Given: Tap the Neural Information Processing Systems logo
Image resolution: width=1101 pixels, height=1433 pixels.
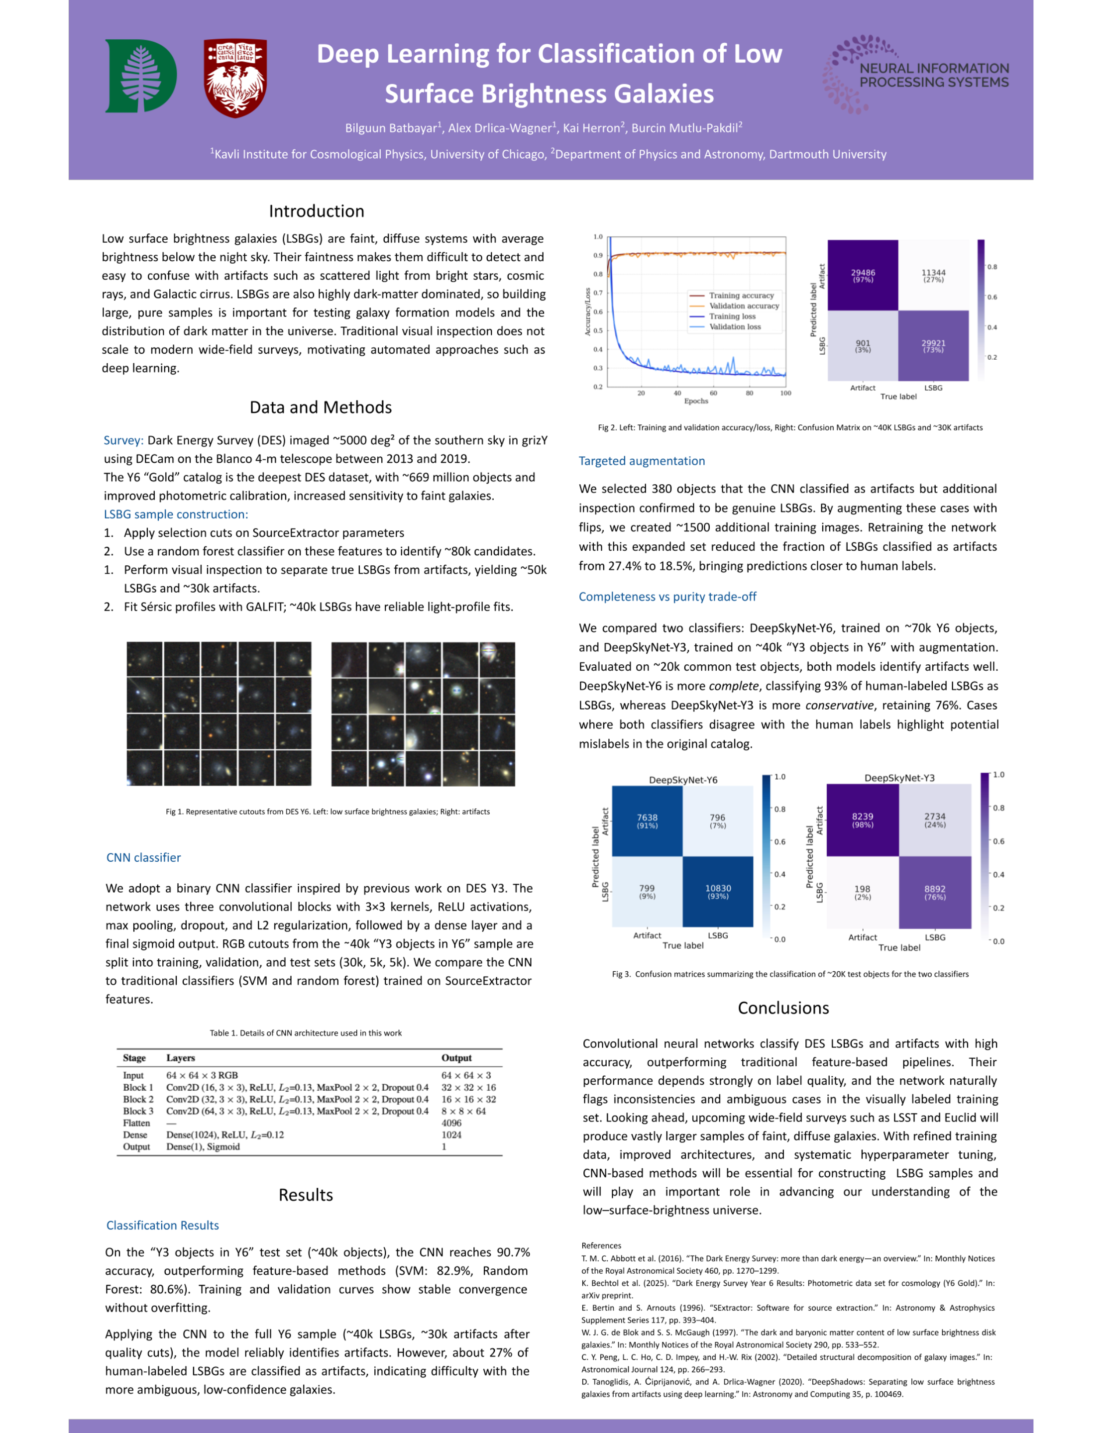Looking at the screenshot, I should (917, 74).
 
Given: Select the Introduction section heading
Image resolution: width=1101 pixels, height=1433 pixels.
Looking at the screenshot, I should (316, 211).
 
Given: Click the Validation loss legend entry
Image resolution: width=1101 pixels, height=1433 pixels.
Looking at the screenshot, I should (735, 326).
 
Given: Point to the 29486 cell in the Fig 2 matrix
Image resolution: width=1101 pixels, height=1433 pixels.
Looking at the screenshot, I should (863, 275).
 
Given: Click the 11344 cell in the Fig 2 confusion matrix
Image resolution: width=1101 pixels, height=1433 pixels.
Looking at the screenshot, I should (933, 275).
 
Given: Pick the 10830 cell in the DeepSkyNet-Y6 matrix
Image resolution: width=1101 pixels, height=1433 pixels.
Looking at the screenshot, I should (718, 891).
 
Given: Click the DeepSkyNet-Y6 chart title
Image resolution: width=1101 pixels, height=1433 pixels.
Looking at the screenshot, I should (683, 780).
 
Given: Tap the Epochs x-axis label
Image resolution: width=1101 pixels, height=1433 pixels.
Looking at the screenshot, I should (696, 401).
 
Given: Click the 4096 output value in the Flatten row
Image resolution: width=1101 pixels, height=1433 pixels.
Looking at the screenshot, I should (451, 1123).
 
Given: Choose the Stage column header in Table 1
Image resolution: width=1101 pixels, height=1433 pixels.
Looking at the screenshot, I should (134, 1057).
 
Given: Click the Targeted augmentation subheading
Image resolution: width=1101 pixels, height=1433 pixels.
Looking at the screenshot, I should (642, 461).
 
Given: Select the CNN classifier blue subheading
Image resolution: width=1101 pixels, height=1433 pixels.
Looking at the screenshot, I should (143, 857).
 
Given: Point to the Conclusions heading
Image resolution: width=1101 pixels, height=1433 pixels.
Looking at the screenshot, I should (783, 1008).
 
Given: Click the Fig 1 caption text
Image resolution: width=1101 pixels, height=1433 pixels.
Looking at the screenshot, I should (328, 811).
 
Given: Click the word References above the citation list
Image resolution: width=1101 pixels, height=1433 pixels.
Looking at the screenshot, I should (601, 1245).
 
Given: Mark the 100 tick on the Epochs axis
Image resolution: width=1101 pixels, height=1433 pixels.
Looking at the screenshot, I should (785, 393).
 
